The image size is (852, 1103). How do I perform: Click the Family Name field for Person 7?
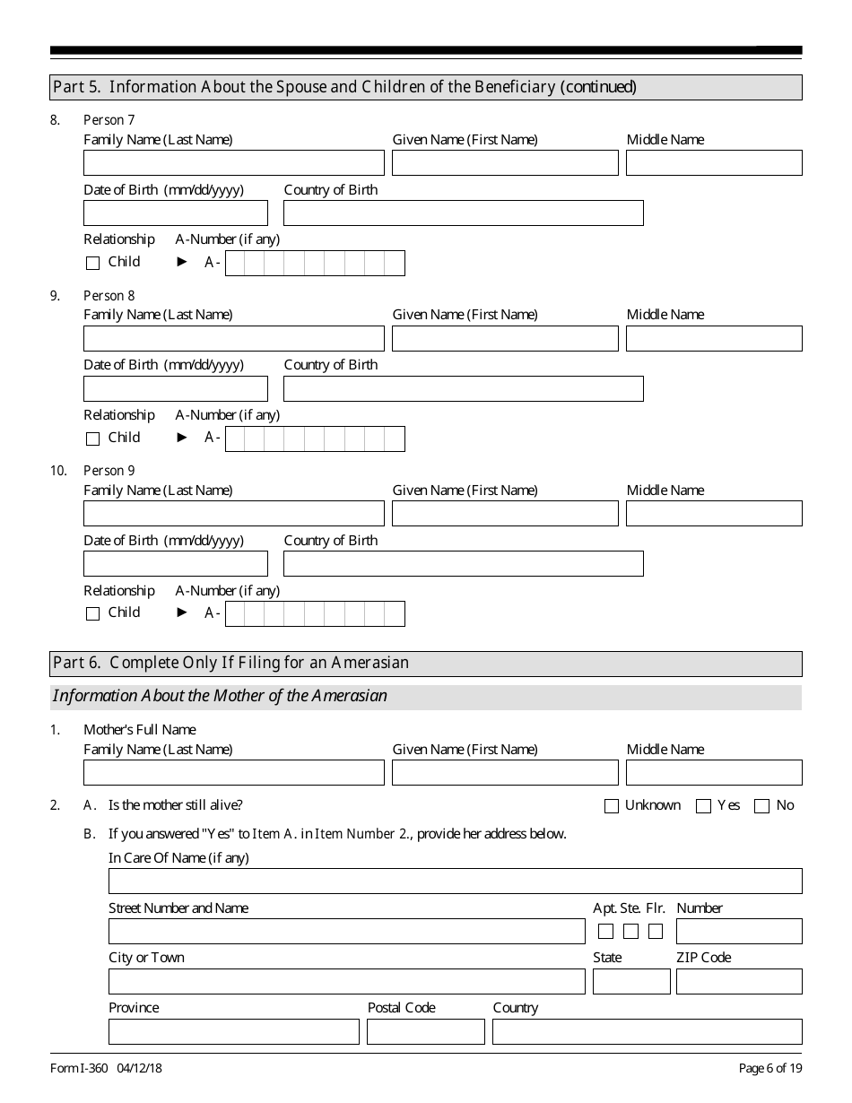pyautogui.click(x=233, y=162)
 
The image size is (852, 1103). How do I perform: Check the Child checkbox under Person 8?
pyautogui.click(x=92, y=439)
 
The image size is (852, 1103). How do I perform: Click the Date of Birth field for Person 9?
pyautogui.click(x=175, y=563)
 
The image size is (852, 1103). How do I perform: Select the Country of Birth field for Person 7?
pyautogui.click(x=463, y=213)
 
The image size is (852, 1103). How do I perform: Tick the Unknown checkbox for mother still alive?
pyautogui.click(x=612, y=806)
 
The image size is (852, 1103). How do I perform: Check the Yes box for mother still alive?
pyautogui.click(x=704, y=806)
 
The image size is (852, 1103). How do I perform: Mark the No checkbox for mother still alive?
pyautogui.click(x=762, y=806)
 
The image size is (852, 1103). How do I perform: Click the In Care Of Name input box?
pyautogui.click(x=455, y=881)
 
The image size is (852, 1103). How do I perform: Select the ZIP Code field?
pyautogui.click(x=739, y=981)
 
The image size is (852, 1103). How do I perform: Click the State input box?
pyautogui.click(x=631, y=981)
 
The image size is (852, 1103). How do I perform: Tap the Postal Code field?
pyautogui.click(x=425, y=1031)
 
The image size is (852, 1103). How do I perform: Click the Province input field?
pyautogui.click(x=233, y=1031)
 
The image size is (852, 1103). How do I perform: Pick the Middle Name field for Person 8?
pyautogui.click(x=714, y=338)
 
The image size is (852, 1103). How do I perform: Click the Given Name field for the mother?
pyautogui.click(x=505, y=772)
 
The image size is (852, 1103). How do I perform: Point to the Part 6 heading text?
pyautogui.click(x=231, y=663)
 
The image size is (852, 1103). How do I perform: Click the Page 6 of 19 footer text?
pyautogui.click(x=769, y=1068)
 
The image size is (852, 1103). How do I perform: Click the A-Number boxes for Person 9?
pyautogui.click(x=315, y=613)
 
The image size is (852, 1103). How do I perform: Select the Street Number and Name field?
pyautogui.click(x=346, y=931)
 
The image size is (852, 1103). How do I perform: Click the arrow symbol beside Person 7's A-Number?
pyautogui.click(x=183, y=262)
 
